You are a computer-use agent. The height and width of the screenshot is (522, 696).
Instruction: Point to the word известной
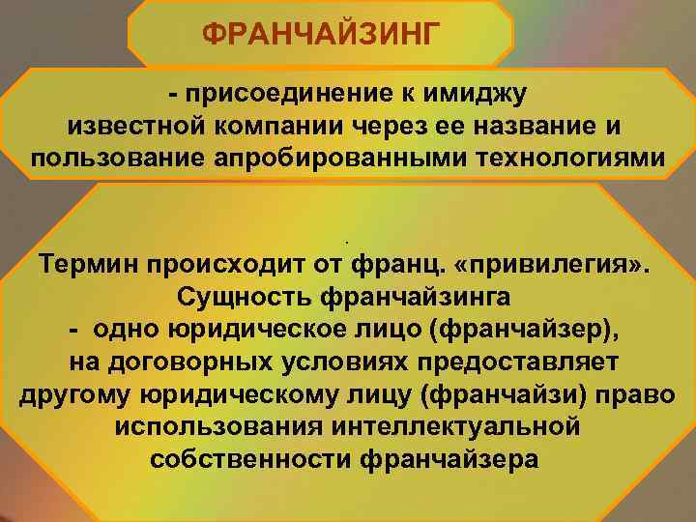(x=137, y=128)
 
